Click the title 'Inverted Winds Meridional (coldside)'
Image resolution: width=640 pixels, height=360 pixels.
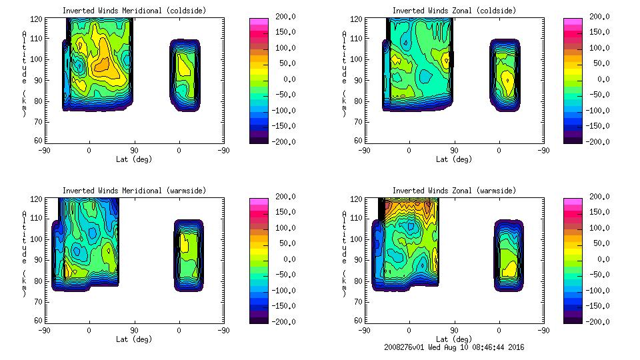point(134,11)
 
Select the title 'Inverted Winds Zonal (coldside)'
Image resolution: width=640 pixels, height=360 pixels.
point(454,11)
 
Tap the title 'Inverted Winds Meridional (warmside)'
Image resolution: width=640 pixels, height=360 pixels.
point(134,191)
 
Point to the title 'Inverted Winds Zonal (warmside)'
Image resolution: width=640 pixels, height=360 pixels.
point(454,191)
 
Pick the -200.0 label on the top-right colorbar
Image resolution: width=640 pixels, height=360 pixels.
point(595,141)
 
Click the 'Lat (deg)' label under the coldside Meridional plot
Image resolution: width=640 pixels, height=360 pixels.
point(134,159)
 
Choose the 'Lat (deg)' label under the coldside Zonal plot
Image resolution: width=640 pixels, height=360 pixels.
point(454,159)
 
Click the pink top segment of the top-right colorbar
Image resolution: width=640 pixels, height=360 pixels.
point(573,21)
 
